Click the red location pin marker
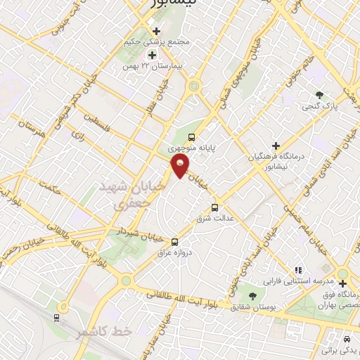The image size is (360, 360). pyautogui.click(x=180, y=166)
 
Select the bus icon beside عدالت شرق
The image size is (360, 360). pyautogui.click(x=215, y=207)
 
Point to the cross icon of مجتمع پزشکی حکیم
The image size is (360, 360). pyautogui.click(x=156, y=31)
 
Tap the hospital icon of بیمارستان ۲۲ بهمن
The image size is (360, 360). pyautogui.click(x=151, y=54)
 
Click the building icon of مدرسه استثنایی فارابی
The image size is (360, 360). pyautogui.click(x=298, y=269)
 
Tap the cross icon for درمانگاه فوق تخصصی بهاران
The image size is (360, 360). pyautogui.click(x=342, y=283)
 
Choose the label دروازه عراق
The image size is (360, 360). pyautogui.click(x=176, y=251)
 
